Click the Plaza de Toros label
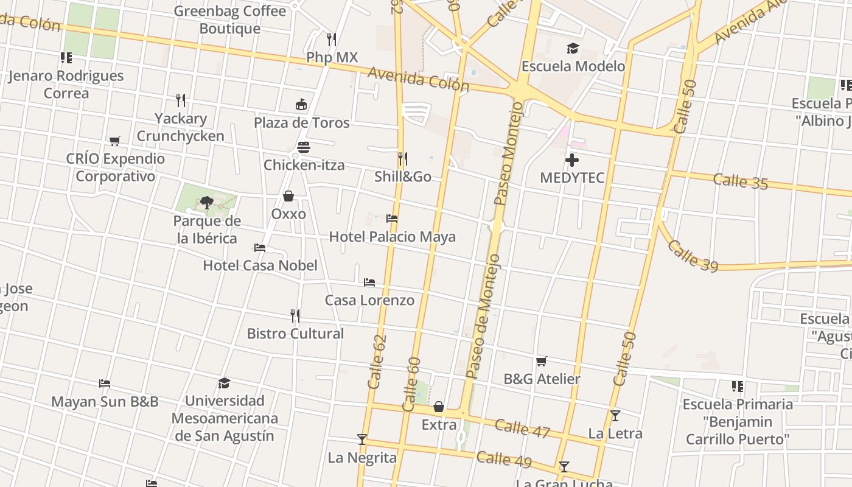click(x=301, y=122)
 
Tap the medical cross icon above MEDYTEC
click(x=572, y=161)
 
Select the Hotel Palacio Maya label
click(x=392, y=236)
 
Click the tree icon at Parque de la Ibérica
click(x=207, y=202)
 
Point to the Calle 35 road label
click(x=740, y=181)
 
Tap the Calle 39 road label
click(x=693, y=256)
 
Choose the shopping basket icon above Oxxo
click(x=288, y=196)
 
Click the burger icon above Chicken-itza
click(x=304, y=147)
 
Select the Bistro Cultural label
click(x=295, y=334)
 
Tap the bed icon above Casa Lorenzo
click(x=369, y=282)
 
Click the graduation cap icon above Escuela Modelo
click(x=573, y=48)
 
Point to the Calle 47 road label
click(x=522, y=429)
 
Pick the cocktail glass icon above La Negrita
click(x=362, y=440)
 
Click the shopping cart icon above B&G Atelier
click(x=542, y=362)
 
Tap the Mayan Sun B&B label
click(x=105, y=402)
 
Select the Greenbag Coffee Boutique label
click(x=230, y=19)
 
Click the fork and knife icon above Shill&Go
click(x=402, y=159)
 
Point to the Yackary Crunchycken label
click(x=180, y=127)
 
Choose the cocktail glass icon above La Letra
click(x=615, y=416)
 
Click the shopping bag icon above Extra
click(x=439, y=407)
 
